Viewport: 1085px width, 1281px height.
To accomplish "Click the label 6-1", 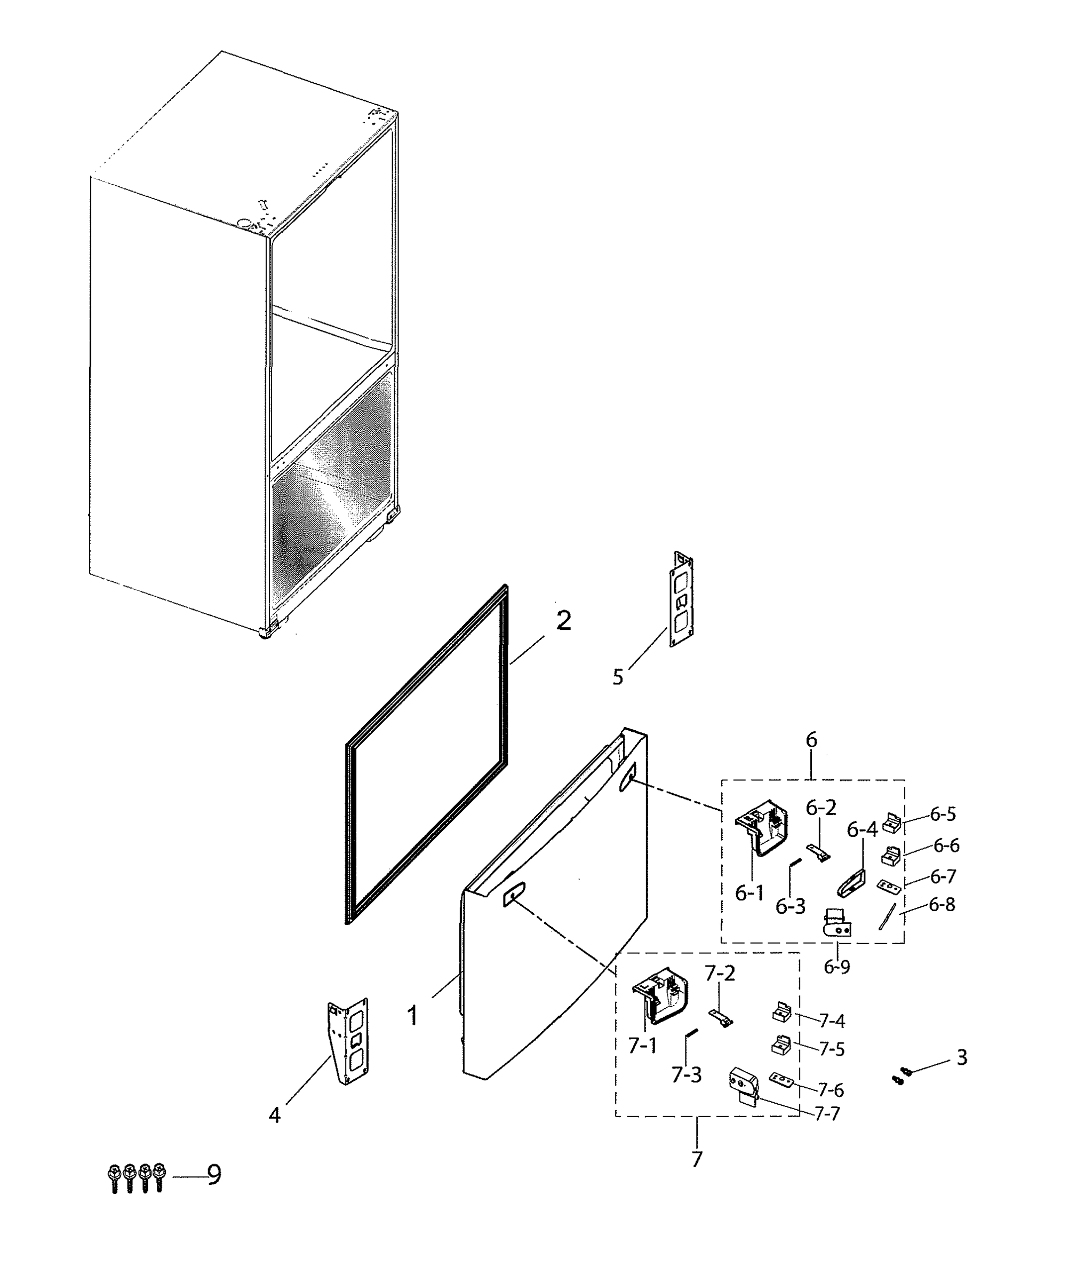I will pyautogui.click(x=749, y=893).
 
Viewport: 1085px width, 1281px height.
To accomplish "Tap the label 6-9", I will pyautogui.click(x=837, y=967).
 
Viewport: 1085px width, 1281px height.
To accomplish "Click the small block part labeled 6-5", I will pyautogui.click(x=892, y=823).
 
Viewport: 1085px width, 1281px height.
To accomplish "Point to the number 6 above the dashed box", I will pyautogui.click(x=811, y=740).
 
